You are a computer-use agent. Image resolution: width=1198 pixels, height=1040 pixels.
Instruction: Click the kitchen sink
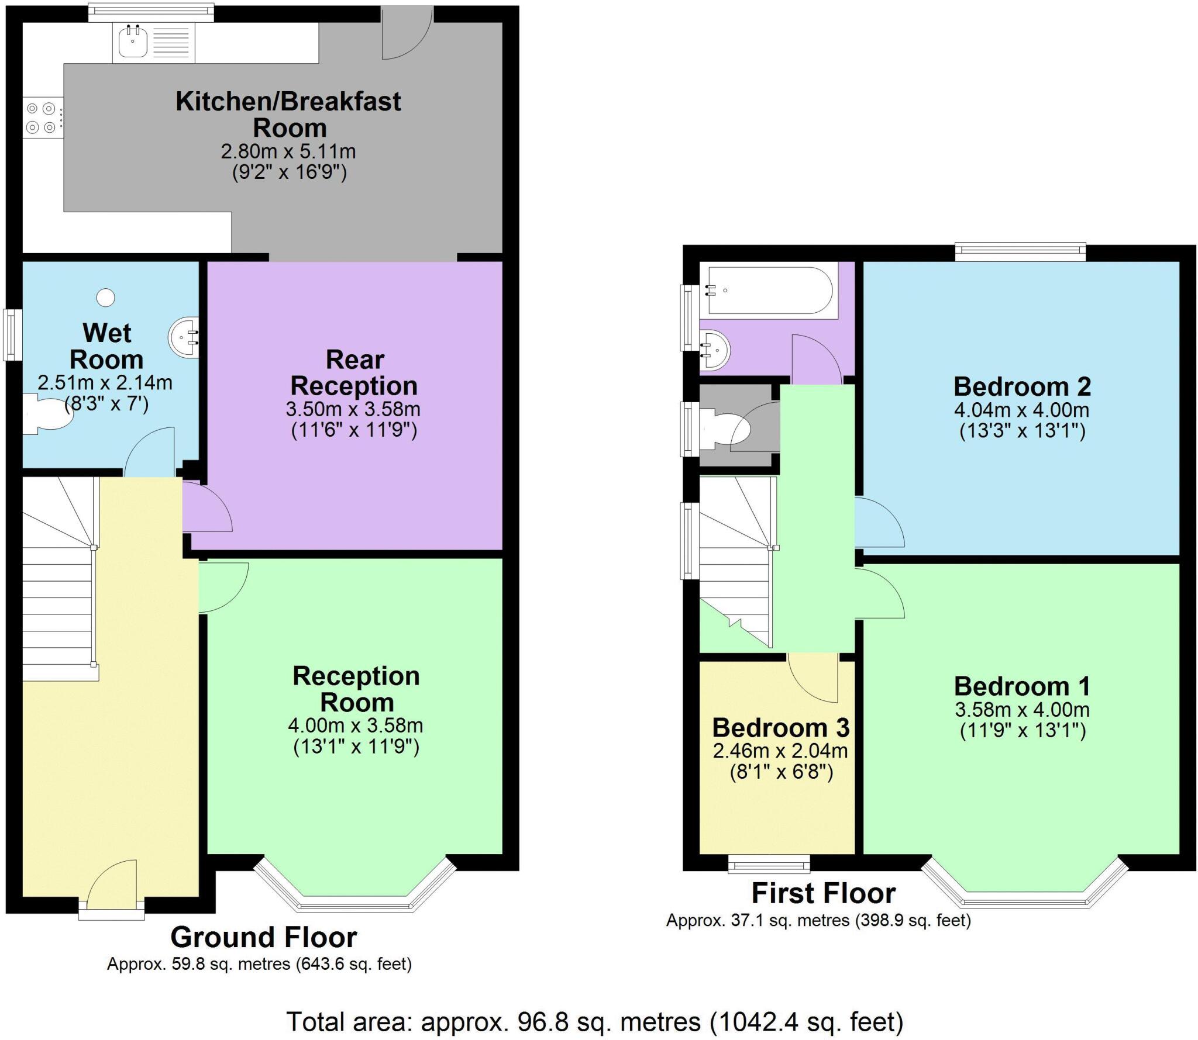tap(133, 41)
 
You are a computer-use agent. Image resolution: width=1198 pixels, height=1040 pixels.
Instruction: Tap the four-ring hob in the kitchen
tap(42, 118)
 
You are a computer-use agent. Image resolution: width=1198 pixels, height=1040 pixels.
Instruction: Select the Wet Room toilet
tap(47, 414)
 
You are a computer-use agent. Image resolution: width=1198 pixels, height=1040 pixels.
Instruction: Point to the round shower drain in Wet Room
tap(106, 298)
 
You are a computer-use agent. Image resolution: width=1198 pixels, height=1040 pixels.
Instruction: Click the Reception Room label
tap(356, 689)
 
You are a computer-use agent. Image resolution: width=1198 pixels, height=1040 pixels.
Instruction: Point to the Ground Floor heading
tap(263, 937)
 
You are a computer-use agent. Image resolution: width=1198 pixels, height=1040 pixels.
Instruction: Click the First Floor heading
tap(823, 893)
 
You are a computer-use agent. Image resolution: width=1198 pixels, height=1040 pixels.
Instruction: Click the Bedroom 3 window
tap(769, 863)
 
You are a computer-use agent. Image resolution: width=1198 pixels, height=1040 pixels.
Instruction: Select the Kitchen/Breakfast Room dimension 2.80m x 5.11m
tap(288, 151)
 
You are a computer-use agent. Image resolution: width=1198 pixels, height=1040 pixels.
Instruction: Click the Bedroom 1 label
tap(1021, 686)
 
